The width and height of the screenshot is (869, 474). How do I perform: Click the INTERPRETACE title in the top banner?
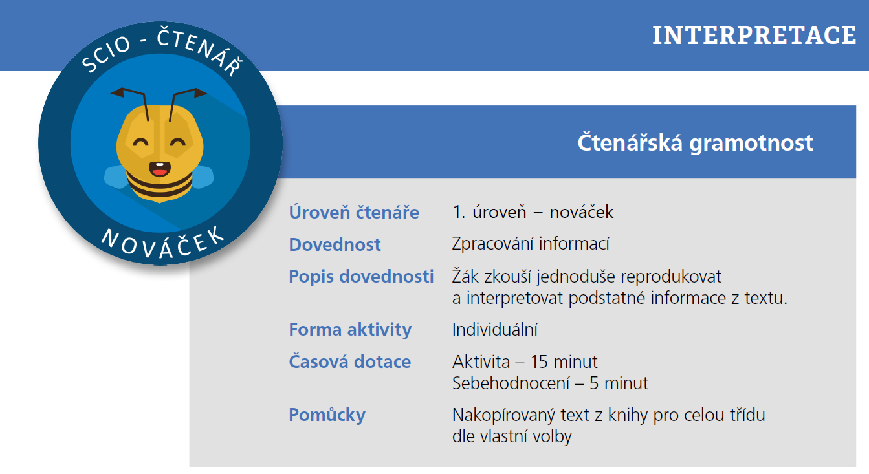point(754,35)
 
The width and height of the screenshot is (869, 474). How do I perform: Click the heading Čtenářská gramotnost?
point(695,142)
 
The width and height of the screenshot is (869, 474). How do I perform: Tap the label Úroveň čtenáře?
point(354,212)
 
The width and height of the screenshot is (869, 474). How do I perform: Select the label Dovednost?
point(335,244)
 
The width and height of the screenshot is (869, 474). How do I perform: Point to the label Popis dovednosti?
point(361,276)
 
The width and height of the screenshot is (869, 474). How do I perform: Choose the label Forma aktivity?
point(350,329)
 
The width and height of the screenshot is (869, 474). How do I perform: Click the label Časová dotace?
point(349,361)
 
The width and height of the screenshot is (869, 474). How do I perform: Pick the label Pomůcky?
point(327,415)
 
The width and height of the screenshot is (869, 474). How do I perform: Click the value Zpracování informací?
point(531,244)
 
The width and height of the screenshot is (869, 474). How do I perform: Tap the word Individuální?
point(495,329)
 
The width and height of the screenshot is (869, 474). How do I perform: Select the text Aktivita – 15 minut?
point(525,361)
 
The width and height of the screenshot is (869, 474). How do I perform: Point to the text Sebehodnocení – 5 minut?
point(550,383)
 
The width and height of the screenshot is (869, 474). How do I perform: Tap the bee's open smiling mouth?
point(159,169)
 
